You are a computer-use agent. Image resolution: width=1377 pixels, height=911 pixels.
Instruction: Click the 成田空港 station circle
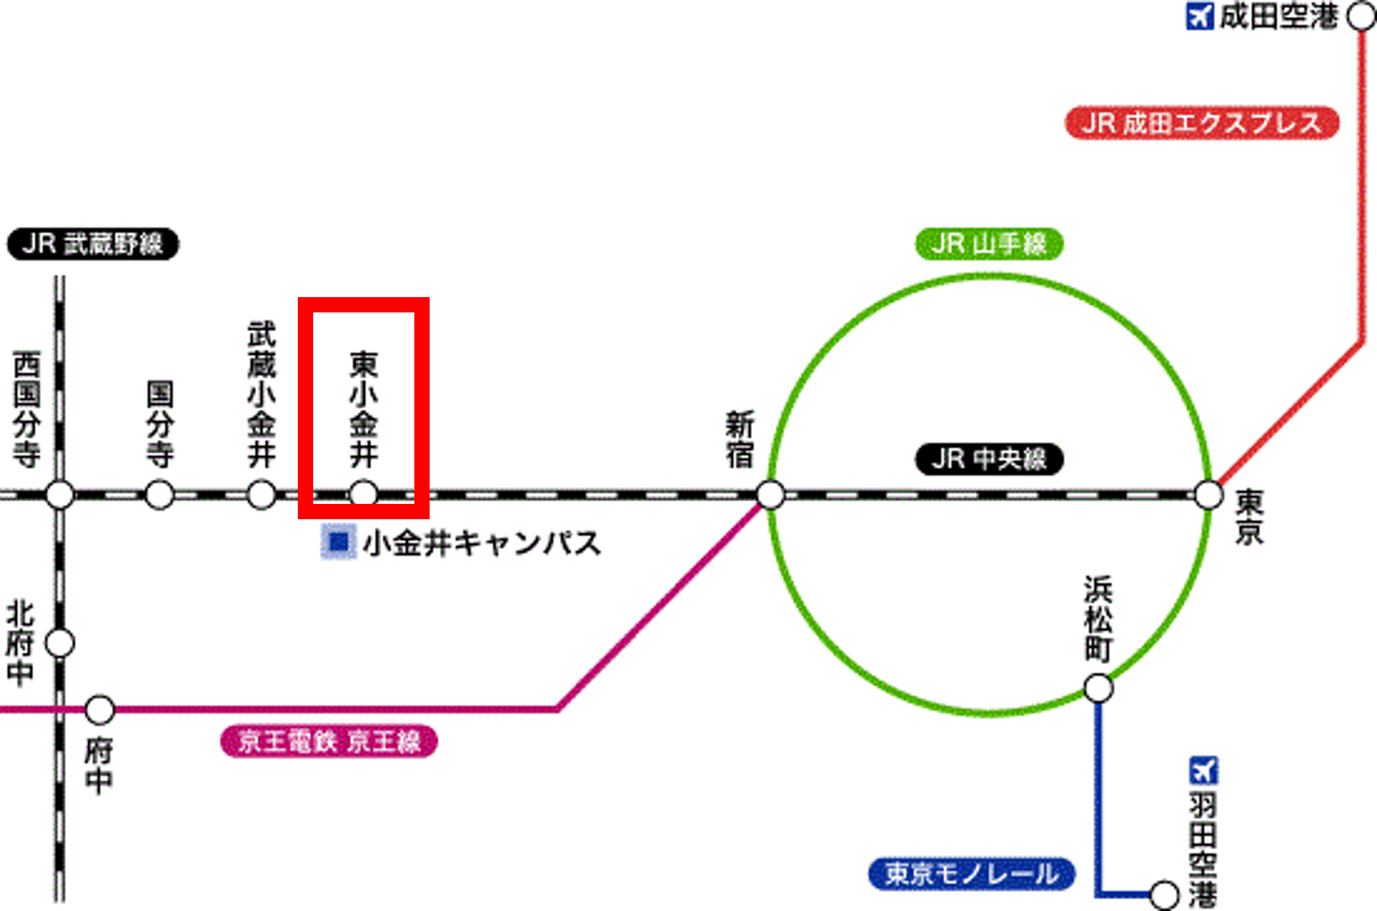(x=1360, y=16)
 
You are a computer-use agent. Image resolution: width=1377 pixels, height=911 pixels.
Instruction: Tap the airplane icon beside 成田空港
(x=1199, y=16)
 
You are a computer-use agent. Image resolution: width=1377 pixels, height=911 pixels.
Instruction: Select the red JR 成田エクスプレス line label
(x=1202, y=123)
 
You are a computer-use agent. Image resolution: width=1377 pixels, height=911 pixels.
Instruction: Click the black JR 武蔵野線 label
(x=92, y=244)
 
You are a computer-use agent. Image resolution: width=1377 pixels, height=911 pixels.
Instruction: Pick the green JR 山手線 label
(x=989, y=244)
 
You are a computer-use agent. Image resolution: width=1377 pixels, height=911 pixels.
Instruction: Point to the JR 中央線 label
(x=989, y=460)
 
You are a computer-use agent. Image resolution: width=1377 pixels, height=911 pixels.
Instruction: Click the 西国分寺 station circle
(x=60, y=495)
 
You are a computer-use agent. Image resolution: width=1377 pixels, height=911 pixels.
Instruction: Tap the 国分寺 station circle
(x=159, y=495)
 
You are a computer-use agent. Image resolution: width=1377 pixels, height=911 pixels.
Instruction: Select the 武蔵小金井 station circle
(x=261, y=495)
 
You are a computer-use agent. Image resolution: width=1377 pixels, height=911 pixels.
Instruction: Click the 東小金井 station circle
(x=363, y=494)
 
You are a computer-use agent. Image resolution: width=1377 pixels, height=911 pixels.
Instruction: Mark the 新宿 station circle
(x=770, y=495)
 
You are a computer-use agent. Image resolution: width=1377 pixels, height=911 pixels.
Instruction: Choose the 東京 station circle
(x=1209, y=495)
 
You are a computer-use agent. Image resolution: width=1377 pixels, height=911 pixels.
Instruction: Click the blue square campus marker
(x=339, y=542)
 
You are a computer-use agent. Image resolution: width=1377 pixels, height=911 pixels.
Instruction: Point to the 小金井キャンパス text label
(x=482, y=543)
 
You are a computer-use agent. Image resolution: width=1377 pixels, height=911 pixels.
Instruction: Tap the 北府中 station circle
(x=60, y=643)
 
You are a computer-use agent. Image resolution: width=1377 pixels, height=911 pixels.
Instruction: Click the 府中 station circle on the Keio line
(x=100, y=709)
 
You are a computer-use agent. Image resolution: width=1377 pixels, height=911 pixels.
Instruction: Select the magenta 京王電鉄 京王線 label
(x=328, y=741)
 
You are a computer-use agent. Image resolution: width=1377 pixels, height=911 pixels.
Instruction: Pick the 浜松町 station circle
(x=1098, y=688)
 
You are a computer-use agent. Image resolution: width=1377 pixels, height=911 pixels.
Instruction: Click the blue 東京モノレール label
(x=971, y=874)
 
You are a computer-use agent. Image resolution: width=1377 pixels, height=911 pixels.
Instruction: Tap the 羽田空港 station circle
(x=1164, y=894)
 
